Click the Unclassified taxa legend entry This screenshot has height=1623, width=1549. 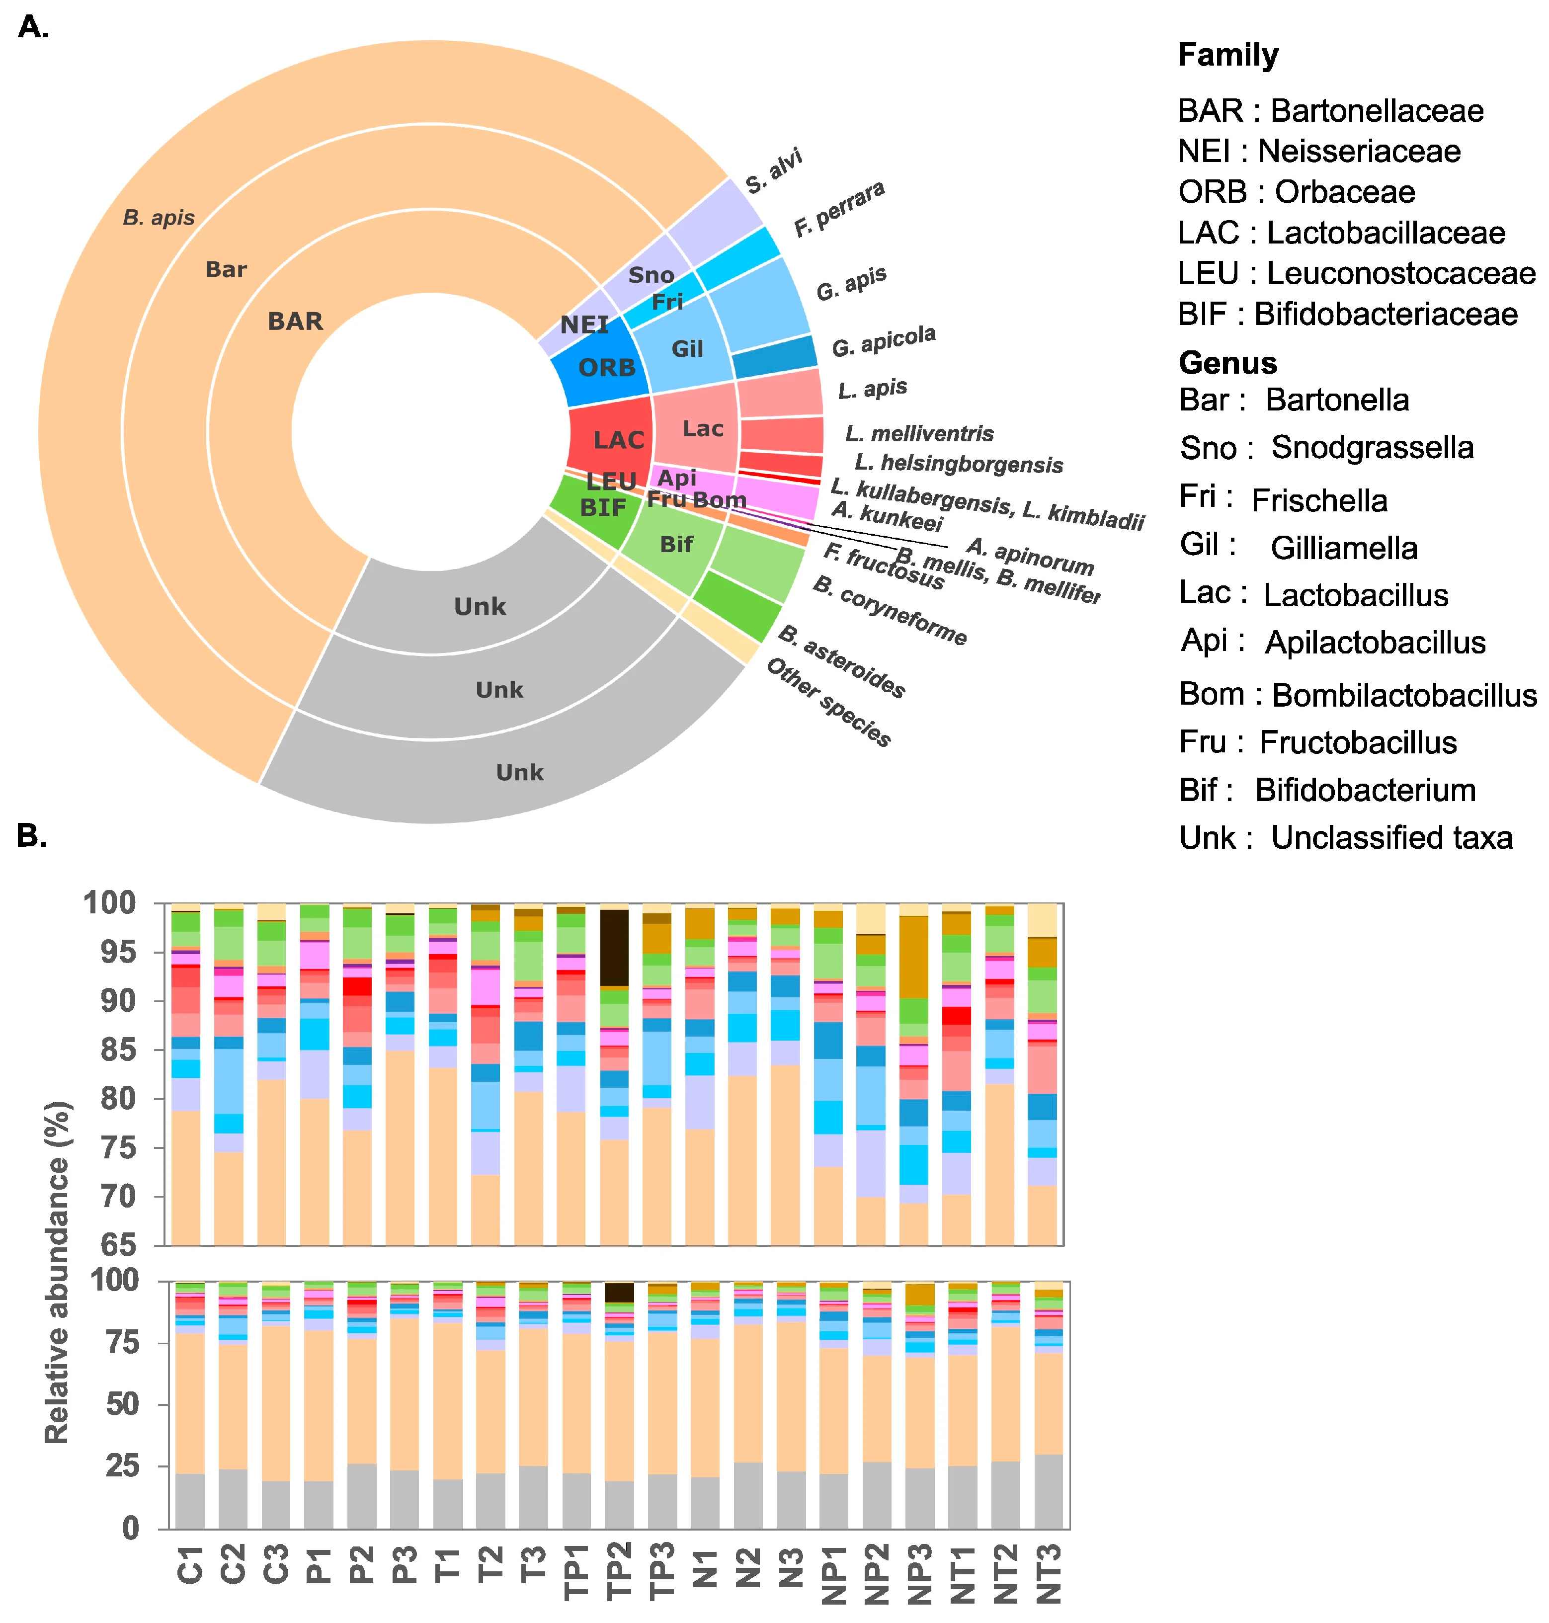click(x=1345, y=837)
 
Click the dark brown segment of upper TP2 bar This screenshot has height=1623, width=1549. click(x=614, y=948)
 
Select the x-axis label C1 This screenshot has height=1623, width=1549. click(x=190, y=1566)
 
